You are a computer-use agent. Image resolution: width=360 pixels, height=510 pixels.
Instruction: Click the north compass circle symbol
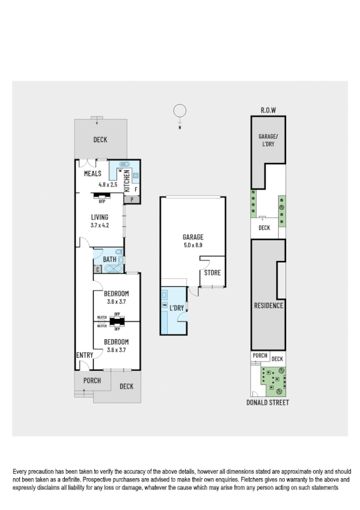179,111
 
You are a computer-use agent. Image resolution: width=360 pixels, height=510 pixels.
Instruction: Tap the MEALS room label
93,174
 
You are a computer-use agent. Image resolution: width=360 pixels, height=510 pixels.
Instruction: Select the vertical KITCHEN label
127,180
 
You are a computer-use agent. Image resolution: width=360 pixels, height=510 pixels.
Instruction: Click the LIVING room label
99,217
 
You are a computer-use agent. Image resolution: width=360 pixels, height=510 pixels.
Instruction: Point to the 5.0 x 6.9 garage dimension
192,245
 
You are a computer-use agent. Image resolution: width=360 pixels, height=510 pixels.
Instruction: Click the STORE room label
212,272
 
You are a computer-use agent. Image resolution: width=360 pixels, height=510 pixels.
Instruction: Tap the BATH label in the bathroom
110,259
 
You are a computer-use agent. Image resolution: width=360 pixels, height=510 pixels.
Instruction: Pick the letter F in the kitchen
136,189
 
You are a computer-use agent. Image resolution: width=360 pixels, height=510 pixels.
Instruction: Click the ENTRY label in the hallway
84,355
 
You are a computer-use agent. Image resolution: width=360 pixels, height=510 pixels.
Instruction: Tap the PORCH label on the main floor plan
92,381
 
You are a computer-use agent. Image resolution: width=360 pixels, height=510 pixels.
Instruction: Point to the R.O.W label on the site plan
268,110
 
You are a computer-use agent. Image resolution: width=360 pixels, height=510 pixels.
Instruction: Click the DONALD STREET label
268,402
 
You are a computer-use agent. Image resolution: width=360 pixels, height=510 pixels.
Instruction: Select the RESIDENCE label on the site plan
268,305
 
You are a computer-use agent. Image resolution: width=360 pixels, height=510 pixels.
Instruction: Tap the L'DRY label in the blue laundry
177,308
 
